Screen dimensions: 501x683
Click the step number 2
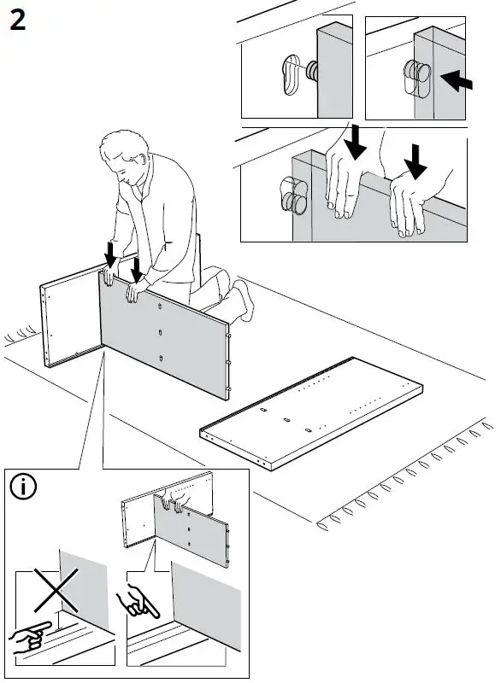(x=17, y=20)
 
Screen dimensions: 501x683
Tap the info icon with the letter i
(x=23, y=487)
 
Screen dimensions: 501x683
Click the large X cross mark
(x=56, y=590)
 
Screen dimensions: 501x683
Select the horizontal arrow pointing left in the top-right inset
(x=456, y=80)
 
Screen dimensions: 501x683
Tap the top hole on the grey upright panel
(x=160, y=306)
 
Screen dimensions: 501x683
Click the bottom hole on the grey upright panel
(x=161, y=359)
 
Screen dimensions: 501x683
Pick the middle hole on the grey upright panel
(x=161, y=333)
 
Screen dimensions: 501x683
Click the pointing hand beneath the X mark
(x=28, y=637)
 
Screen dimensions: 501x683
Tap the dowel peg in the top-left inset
(x=312, y=72)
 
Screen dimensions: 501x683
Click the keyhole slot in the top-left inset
(x=292, y=74)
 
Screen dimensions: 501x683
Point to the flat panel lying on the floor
(x=311, y=414)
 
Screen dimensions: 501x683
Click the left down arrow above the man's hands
(x=111, y=254)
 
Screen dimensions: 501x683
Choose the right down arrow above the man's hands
(x=137, y=270)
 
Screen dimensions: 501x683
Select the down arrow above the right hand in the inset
(x=416, y=161)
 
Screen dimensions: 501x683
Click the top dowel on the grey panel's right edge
(x=228, y=336)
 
